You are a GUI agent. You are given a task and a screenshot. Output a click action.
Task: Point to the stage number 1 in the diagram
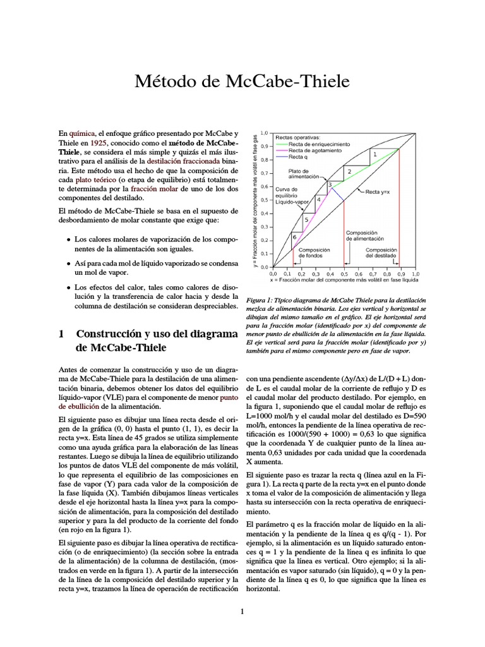pyautogui.click(x=374, y=154)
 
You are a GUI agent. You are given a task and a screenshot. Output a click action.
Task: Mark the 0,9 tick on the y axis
pyautogui.click(x=265, y=147)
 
